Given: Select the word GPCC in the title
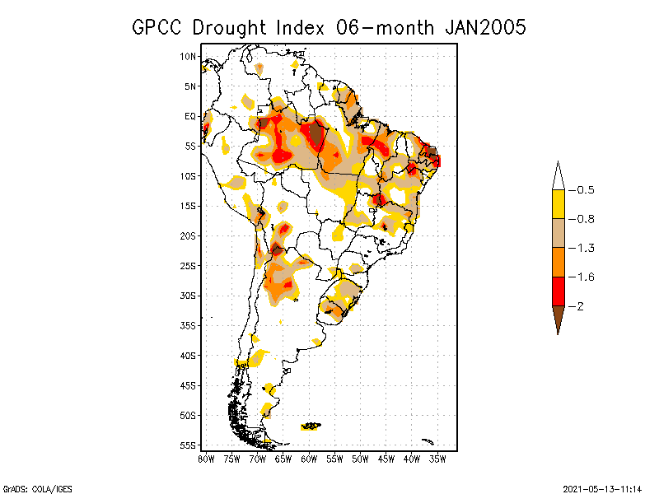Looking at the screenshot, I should coord(157,27).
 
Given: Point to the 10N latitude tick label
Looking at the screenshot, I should coord(189,56).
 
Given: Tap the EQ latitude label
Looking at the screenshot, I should coord(190,116).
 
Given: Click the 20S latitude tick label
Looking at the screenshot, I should coord(189,235).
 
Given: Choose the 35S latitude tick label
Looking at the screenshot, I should coord(189,325).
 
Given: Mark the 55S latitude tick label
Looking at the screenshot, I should coord(189,445).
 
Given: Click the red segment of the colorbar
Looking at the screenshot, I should coord(558,291).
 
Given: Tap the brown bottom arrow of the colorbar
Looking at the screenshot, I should coord(558,318).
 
